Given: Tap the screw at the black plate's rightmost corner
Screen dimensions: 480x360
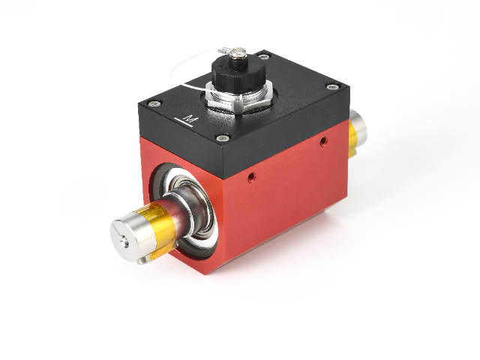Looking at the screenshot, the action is click(x=331, y=87).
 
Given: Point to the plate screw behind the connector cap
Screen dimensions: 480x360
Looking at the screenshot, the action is click(x=263, y=56).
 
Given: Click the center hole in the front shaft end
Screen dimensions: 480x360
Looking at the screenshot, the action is click(x=124, y=241).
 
